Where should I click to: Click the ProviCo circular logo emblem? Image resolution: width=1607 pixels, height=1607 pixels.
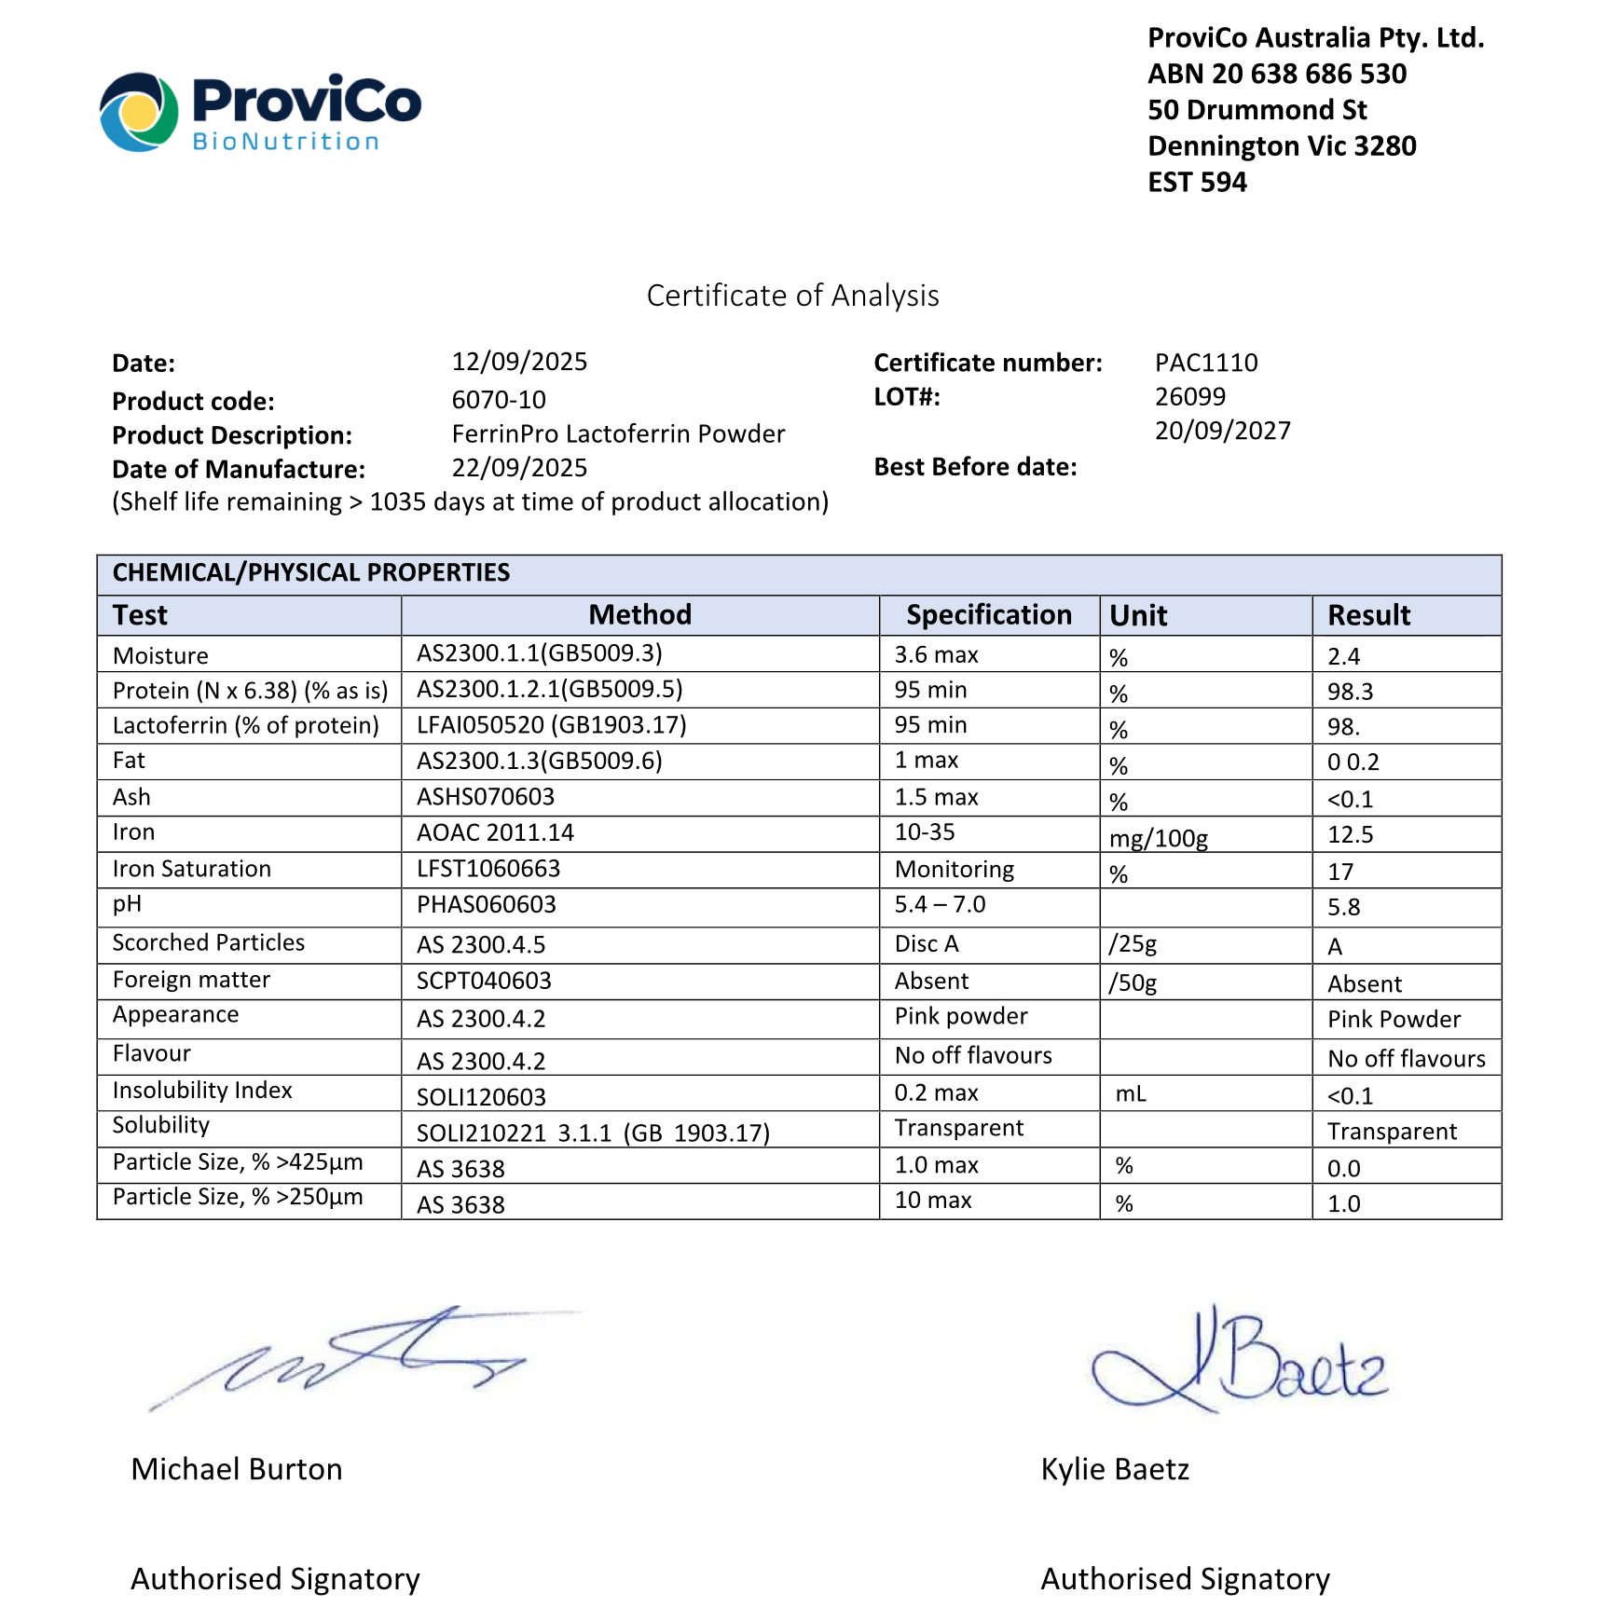[x=139, y=113]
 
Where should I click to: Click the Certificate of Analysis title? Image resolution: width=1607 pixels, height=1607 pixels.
[x=792, y=295]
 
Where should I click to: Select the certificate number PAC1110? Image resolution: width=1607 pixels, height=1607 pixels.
[x=1206, y=363]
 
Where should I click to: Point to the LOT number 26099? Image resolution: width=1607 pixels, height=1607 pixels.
[x=1190, y=397]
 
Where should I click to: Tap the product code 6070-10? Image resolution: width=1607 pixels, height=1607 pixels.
[x=499, y=400]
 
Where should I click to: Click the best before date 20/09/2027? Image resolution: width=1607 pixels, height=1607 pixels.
[x=1223, y=431]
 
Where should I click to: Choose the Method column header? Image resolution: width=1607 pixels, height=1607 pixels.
[x=639, y=615]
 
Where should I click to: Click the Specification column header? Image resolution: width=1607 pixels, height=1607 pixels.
[x=989, y=615]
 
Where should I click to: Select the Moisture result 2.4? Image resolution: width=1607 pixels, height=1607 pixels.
[x=1343, y=656]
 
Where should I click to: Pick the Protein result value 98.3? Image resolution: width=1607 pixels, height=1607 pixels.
[x=1350, y=692]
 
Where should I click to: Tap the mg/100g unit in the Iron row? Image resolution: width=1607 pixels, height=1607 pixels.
[x=1158, y=838]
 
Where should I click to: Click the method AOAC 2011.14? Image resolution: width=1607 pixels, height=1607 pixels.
[x=495, y=833]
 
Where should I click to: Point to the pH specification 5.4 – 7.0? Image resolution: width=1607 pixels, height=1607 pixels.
[x=940, y=905]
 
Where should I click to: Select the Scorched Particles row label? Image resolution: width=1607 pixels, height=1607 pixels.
[x=209, y=943]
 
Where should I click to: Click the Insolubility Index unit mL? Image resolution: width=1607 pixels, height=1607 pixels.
[x=1131, y=1094]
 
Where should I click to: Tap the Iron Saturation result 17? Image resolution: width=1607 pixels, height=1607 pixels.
[x=1340, y=872]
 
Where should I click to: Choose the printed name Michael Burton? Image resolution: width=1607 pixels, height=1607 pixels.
[x=237, y=1470]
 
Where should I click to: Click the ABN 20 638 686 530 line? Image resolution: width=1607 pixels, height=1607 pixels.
[x=1277, y=74]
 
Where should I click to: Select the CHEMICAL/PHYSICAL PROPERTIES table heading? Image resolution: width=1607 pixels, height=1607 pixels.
[x=311, y=573]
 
